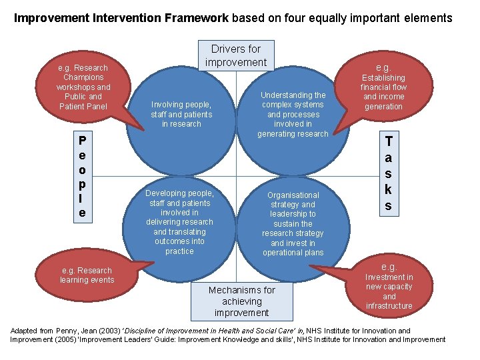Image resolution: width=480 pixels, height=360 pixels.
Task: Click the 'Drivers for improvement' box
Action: pos(235,55)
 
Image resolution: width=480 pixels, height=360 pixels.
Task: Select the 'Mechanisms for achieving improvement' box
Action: pos(241,301)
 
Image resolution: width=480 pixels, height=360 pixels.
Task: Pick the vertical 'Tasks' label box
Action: pos(388,173)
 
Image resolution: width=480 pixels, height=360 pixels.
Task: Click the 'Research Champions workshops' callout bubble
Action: pos(83,87)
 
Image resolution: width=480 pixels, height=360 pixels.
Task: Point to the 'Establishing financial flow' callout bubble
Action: pos(383,87)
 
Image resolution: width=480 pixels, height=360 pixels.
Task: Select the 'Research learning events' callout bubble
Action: pos(87,275)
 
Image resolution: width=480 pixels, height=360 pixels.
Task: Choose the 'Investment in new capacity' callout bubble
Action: pos(389,287)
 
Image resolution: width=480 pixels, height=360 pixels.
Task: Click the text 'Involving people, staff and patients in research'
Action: pos(181,114)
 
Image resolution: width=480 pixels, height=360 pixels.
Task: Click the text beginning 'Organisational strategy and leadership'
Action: pos(293,224)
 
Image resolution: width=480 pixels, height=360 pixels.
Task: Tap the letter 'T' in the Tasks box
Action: pos(388,141)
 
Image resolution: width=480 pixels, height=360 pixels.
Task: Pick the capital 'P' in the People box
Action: pos(81,141)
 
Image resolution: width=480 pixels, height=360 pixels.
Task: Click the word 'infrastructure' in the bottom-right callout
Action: pos(389,306)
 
